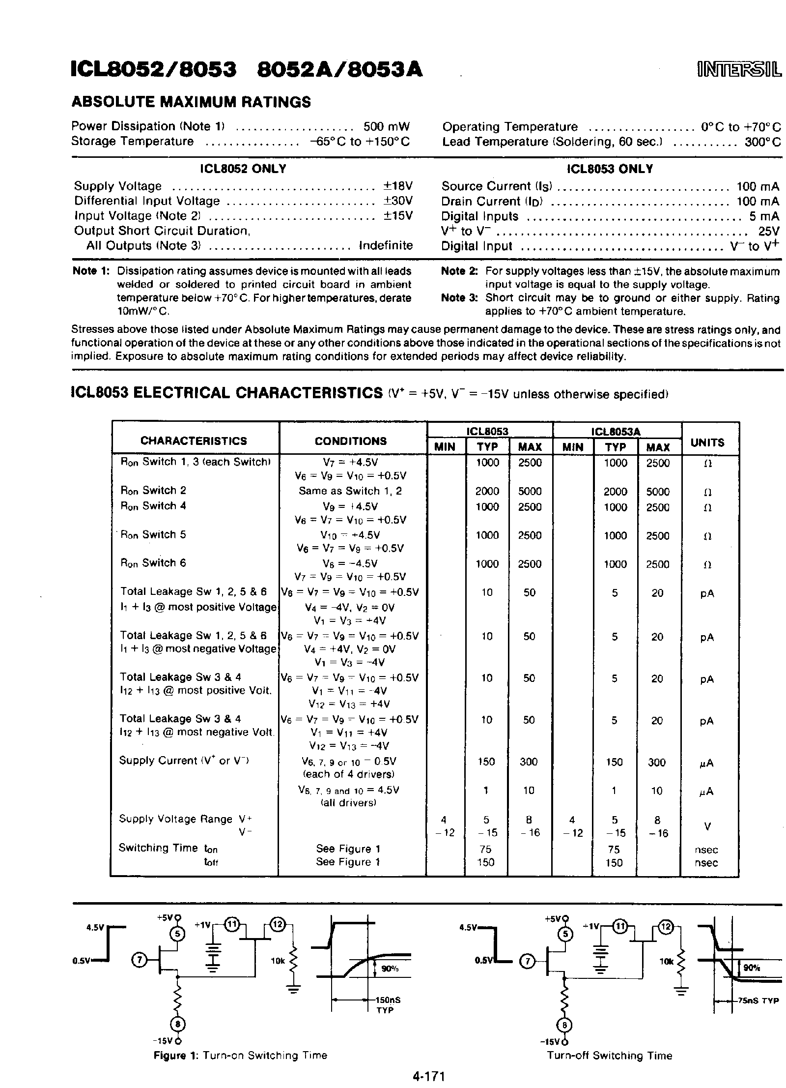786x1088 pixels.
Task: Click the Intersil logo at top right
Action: point(738,71)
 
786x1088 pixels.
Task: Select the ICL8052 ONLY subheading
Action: point(243,169)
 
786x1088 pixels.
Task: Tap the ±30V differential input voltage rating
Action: point(397,201)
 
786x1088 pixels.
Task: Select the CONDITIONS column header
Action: point(350,441)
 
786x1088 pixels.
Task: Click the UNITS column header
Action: point(707,442)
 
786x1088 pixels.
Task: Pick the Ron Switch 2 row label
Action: point(153,491)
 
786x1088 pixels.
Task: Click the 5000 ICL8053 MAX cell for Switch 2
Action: point(530,492)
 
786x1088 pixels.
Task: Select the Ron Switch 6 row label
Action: point(153,563)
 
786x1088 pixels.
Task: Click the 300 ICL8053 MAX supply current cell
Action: point(529,762)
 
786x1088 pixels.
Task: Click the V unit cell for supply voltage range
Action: point(707,827)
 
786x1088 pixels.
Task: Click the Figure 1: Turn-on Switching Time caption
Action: point(240,1056)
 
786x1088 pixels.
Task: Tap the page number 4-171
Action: point(428,1077)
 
